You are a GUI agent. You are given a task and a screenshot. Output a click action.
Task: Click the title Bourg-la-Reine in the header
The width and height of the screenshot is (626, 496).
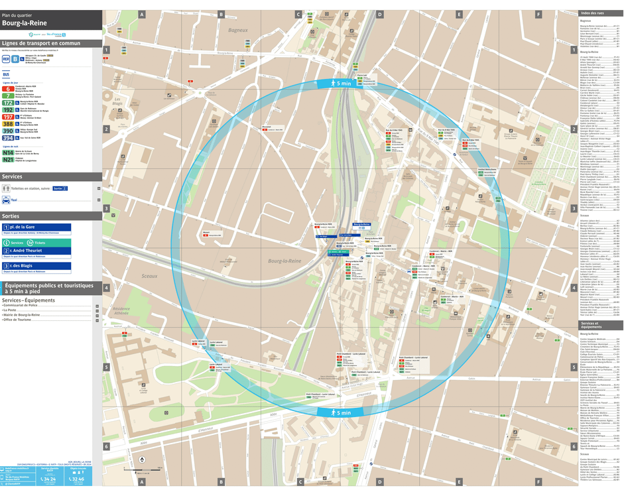point(25,23)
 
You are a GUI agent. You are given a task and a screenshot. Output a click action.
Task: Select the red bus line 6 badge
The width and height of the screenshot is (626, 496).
point(8,88)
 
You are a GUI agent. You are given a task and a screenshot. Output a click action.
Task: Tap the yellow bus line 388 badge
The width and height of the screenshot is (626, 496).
point(8,123)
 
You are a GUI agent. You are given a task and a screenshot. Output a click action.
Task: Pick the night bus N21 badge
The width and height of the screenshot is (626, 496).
point(8,160)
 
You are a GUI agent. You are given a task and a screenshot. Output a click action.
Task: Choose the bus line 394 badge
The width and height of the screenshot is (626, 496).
point(8,138)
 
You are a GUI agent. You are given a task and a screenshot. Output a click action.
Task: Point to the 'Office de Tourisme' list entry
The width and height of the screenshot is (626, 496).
point(19,320)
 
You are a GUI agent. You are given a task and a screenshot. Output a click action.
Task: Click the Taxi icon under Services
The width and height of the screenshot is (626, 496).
point(6,199)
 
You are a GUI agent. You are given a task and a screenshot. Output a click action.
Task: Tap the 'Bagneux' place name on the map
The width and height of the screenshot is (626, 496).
point(237,30)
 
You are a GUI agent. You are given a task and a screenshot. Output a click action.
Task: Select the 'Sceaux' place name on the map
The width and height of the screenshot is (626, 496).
point(149,275)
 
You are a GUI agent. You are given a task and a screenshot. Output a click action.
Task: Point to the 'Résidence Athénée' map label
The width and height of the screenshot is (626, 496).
point(121,311)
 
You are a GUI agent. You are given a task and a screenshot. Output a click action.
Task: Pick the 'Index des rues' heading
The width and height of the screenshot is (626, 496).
point(592,13)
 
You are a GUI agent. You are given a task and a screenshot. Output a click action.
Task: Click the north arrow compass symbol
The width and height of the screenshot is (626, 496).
point(141,460)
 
